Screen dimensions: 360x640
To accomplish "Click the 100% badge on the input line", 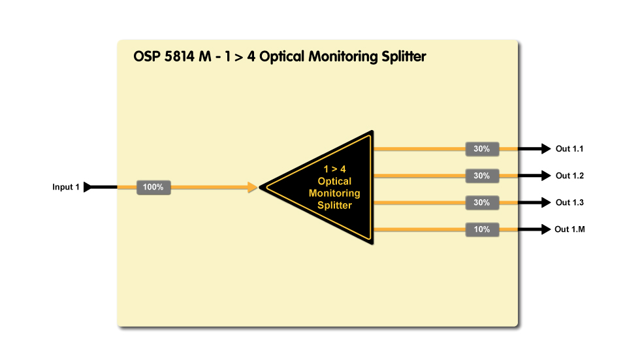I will click(x=153, y=188).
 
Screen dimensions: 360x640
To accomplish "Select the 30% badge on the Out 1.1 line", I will click(x=482, y=149).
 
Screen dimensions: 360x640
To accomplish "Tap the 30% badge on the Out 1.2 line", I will click(x=482, y=176).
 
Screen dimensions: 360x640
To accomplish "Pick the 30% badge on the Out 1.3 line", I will click(x=482, y=203).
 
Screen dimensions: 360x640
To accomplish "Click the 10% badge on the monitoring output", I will click(x=482, y=229).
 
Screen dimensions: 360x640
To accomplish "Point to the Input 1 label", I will click(x=66, y=188).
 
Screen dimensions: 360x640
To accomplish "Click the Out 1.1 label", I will click(x=569, y=149).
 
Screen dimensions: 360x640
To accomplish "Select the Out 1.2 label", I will click(x=569, y=176).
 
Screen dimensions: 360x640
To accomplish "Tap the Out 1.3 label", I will click(x=569, y=203).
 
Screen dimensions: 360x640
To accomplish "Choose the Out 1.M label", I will click(x=569, y=229).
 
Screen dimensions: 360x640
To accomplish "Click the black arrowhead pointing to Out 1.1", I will click(x=546, y=149).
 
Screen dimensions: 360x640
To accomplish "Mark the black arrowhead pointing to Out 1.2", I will click(x=546, y=176).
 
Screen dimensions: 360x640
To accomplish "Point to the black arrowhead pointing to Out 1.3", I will click(x=546, y=203).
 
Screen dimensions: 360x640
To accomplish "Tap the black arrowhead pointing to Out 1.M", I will click(x=546, y=229).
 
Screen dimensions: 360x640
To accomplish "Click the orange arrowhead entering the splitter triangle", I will click(x=252, y=188).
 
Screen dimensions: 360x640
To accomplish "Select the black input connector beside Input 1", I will click(x=89, y=188).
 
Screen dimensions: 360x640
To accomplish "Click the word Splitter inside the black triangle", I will click(x=334, y=205).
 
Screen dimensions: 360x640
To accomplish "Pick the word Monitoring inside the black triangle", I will click(x=334, y=193).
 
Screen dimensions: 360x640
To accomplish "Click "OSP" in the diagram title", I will click(x=146, y=57).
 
